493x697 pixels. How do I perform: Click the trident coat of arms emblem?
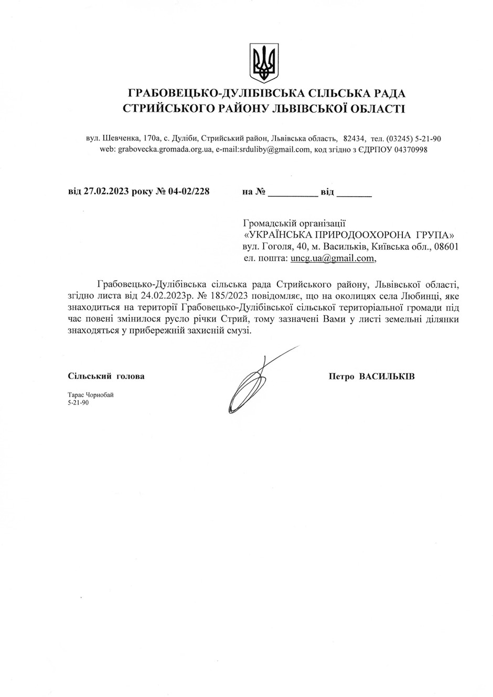[x=264, y=63]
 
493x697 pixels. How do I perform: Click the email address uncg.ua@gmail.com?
[x=333, y=258]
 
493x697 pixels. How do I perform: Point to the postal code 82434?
[x=354, y=139]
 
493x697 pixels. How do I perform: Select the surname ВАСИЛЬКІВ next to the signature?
[x=387, y=376]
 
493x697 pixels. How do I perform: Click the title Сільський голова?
[x=106, y=376]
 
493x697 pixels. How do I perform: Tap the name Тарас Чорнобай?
[x=90, y=395]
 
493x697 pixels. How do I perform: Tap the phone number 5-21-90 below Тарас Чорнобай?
[x=78, y=403]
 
